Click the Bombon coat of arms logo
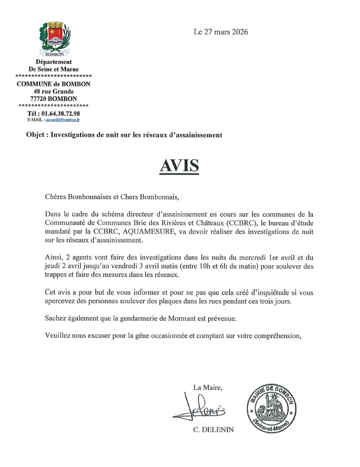tap(53, 37)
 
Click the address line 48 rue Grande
tap(54, 91)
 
